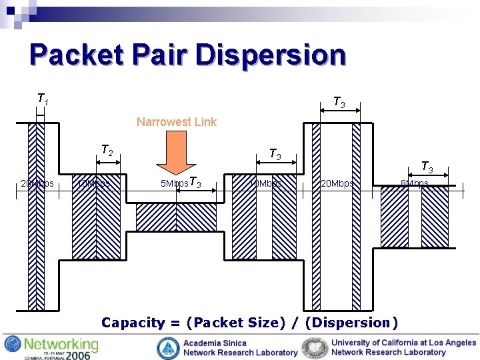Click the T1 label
tap(42, 99)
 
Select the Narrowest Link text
tap(176, 122)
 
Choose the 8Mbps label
tap(414, 183)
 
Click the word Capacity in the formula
tap(133, 323)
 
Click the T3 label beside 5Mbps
tap(195, 181)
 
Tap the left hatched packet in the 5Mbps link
tap(155, 217)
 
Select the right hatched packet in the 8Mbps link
tap(435, 217)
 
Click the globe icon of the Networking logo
tap(12, 345)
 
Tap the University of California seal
tap(314, 347)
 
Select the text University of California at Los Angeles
tap(403, 343)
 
